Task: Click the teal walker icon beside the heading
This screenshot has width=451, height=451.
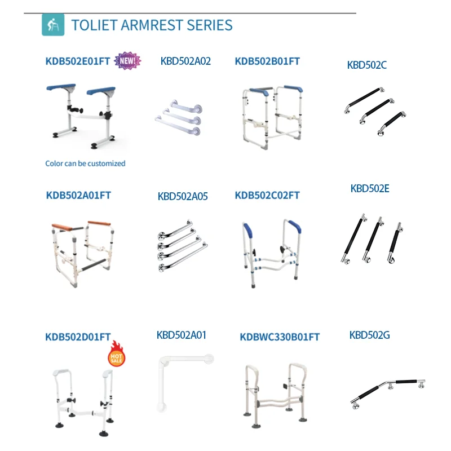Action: point(53,24)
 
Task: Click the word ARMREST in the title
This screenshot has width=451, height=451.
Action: point(152,25)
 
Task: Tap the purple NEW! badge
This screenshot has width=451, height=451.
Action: point(127,61)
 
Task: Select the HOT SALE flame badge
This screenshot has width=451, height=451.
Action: point(116,354)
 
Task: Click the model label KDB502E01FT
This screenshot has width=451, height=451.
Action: point(78,61)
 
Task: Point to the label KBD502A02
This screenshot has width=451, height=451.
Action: point(185,61)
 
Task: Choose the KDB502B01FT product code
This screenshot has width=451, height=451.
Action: point(267,61)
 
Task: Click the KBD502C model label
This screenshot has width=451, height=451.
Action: point(367,65)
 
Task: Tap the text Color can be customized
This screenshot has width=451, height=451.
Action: point(85,163)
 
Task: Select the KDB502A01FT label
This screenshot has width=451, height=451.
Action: point(78,195)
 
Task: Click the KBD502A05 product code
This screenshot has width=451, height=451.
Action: point(183,196)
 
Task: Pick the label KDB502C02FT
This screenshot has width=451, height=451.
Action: point(267,195)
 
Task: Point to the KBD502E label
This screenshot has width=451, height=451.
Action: point(370,189)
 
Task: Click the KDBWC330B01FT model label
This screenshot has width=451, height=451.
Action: point(280,337)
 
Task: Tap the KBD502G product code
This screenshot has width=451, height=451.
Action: point(370,335)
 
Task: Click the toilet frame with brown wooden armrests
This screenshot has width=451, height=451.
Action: point(81,253)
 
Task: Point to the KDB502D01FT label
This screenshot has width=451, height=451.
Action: point(78,337)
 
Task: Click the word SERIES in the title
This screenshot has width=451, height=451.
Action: point(209,25)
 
